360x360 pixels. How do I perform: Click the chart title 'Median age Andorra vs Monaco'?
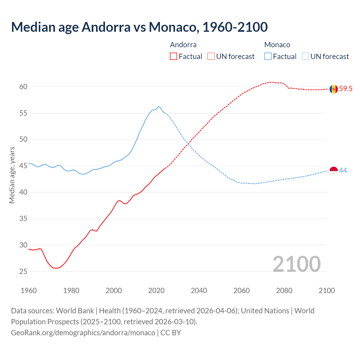[139, 27]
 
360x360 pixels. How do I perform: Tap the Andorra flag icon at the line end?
[334, 89]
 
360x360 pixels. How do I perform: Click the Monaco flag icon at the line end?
[334, 171]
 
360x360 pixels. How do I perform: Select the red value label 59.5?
[346, 89]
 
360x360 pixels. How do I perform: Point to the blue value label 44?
[343, 171]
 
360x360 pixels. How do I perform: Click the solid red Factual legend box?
[174, 57]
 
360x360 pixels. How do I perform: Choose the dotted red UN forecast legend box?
[211, 57]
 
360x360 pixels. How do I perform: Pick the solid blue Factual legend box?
[268, 57]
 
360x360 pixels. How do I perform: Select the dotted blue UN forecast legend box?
[305, 57]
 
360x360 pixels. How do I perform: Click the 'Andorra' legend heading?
[183, 45]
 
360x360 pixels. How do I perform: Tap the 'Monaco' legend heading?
[277, 45]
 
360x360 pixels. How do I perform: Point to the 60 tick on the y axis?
[23, 87]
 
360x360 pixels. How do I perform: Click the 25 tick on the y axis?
[23, 271]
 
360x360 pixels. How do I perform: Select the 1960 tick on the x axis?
[29, 291]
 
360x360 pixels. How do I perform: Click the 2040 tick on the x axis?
[199, 291]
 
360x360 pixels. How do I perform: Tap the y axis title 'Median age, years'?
[12, 175]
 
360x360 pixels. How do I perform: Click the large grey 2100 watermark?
[296, 264]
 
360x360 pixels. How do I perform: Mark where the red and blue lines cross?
[188, 144]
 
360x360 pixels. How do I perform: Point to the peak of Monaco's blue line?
[158, 107]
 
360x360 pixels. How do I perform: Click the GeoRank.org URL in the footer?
[83, 332]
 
